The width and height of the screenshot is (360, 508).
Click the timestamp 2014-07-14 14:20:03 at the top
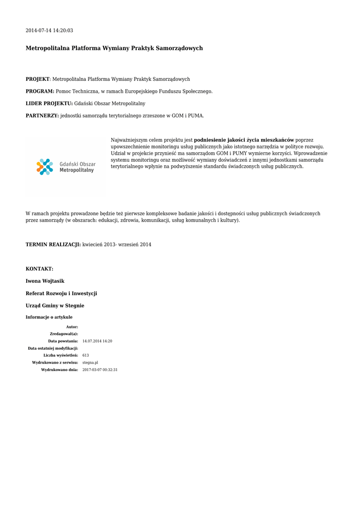tap(49, 31)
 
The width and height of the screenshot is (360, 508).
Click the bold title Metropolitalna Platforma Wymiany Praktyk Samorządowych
tap(114, 49)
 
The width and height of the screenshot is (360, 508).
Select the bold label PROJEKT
tap(38, 79)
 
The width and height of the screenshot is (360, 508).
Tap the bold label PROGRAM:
tap(40, 91)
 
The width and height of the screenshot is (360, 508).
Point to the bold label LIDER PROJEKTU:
tap(49, 103)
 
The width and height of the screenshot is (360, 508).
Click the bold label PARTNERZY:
tap(42, 116)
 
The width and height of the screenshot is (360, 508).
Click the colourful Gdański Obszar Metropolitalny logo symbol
tap(45, 167)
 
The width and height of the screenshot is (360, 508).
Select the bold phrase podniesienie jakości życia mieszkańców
tap(244, 140)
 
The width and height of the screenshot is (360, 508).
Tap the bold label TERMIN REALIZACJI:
tap(53, 245)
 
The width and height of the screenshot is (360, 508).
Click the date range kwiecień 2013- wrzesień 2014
tap(117, 245)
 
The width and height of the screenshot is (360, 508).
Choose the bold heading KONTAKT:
tap(39, 269)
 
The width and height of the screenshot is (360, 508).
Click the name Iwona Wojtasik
tap(45, 281)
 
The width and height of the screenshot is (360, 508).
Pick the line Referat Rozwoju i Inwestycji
tap(61, 294)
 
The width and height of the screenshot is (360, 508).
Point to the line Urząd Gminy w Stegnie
tap(55, 306)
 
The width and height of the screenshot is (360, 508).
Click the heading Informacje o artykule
tap(49, 317)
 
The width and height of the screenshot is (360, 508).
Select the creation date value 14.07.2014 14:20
tap(97, 341)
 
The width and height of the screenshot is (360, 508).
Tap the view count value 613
tap(85, 355)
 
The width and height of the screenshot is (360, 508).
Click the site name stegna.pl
tap(90, 363)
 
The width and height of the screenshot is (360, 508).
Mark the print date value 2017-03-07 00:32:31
tap(100, 370)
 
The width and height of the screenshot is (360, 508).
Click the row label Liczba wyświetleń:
tap(61, 355)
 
